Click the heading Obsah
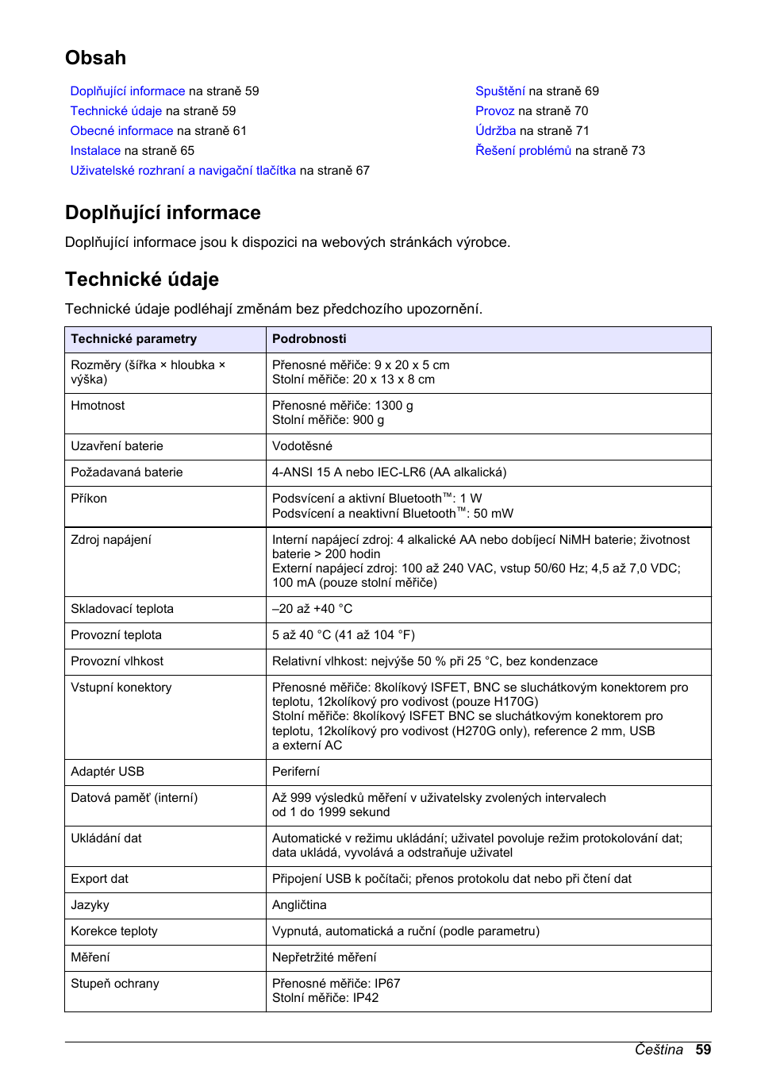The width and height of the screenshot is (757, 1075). click(95, 58)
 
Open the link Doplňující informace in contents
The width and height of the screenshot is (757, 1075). click(127, 91)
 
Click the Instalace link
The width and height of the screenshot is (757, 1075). click(95, 151)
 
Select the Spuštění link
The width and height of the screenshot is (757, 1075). click(500, 91)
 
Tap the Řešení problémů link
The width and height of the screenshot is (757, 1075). click(523, 151)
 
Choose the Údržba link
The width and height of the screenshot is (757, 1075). click(495, 131)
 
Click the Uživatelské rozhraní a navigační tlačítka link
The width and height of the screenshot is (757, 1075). click(183, 171)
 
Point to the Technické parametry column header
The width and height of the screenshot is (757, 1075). click(133, 339)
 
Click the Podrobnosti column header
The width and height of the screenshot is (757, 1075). click(309, 339)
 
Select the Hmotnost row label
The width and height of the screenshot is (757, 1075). click(98, 406)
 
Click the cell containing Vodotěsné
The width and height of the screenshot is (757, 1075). click(302, 446)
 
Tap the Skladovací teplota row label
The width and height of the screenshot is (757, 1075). click(121, 609)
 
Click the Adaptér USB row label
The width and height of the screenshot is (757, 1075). click(107, 772)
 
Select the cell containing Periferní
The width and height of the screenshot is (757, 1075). click(295, 772)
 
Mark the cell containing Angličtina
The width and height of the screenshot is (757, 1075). click(299, 905)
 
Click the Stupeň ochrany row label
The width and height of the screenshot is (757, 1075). click(114, 984)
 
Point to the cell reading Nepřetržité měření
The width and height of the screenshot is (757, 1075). click(324, 957)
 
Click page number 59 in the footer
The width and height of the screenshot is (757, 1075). click(703, 1050)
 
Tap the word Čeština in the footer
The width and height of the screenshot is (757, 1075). click(658, 1050)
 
